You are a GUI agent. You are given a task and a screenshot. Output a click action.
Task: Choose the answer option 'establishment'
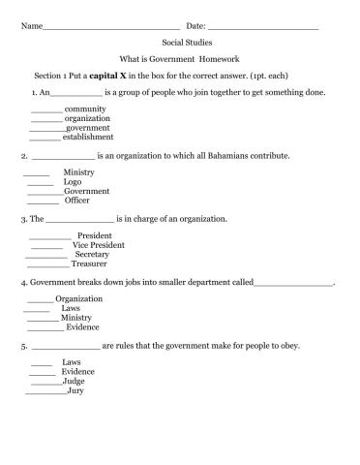point(93,138)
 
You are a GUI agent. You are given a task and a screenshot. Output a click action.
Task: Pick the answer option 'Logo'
point(72,181)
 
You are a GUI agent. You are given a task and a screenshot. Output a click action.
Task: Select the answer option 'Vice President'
point(98,245)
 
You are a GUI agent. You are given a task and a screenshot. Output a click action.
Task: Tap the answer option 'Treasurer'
point(89,263)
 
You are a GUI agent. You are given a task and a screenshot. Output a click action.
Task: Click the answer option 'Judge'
point(74,381)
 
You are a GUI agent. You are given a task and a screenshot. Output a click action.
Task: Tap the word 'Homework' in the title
point(227,59)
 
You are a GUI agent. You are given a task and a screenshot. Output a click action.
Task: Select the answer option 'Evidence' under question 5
point(78,371)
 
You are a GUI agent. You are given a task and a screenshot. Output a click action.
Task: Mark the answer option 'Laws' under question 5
point(72,361)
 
